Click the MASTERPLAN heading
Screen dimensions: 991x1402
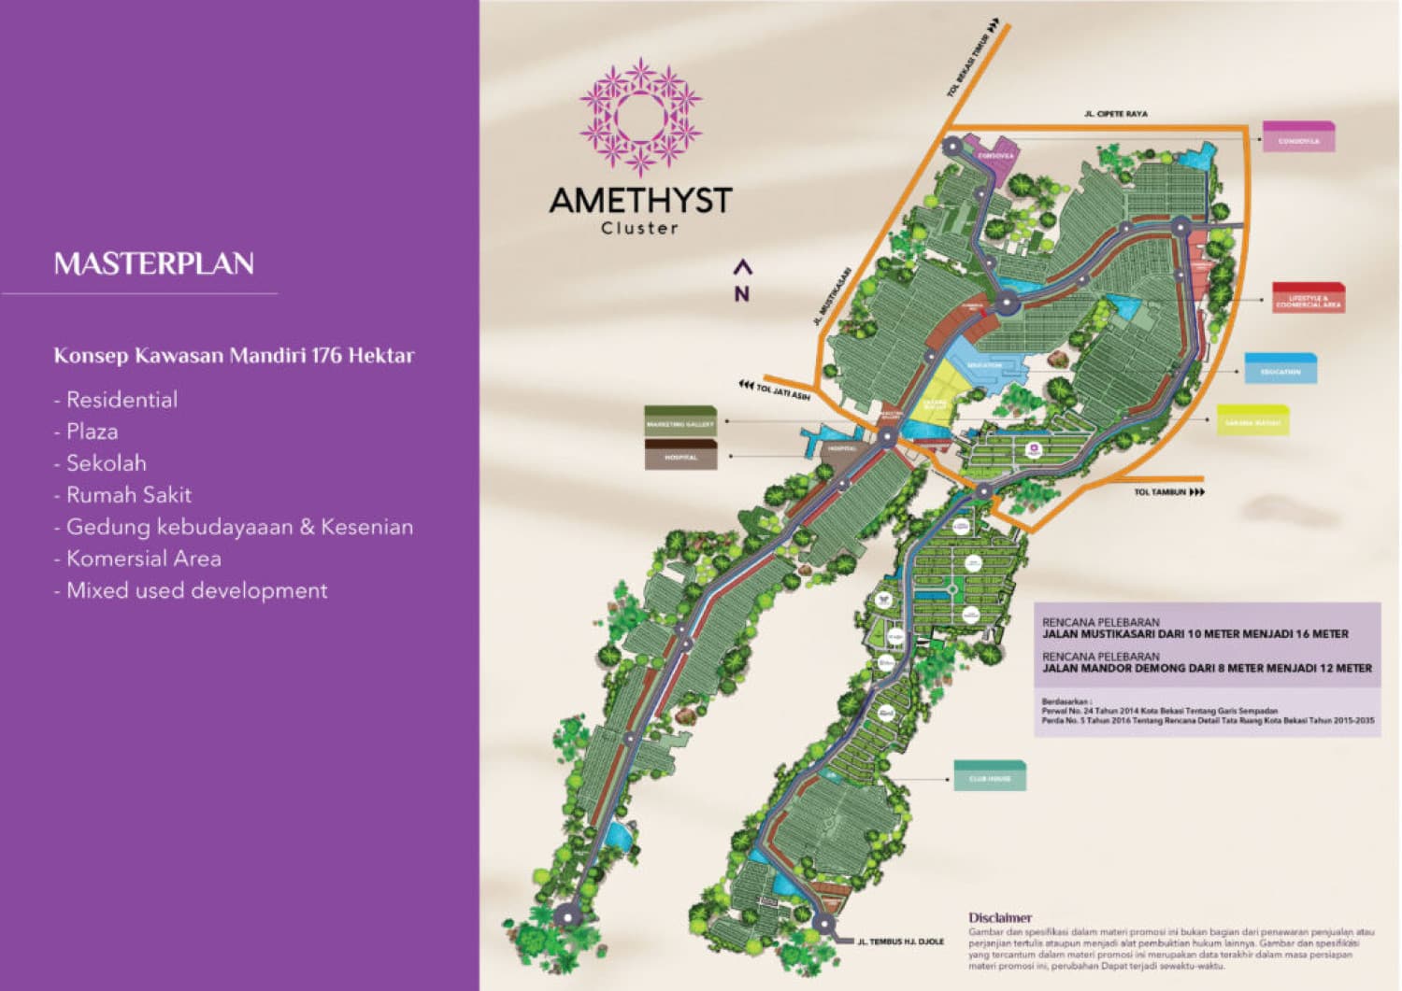click(x=153, y=263)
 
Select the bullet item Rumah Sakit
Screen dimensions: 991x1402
click(x=128, y=495)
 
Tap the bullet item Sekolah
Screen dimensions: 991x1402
click(x=106, y=463)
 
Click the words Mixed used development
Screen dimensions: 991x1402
click(x=196, y=590)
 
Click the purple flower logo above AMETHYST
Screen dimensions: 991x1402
click(x=640, y=118)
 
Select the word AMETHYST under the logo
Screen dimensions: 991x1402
click(x=640, y=200)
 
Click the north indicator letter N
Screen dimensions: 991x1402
click(x=742, y=293)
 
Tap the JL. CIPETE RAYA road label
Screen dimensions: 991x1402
click(x=1115, y=114)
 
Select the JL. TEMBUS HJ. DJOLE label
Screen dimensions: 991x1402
click(x=900, y=941)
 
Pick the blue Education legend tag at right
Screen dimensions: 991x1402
click(x=1280, y=370)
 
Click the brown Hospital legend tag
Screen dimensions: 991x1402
click(x=680, y=456)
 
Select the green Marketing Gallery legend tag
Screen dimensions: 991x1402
click(x=680, y=423)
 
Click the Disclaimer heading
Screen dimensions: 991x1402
click(x=999, y=918)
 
